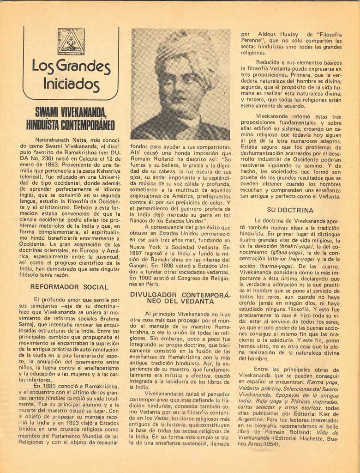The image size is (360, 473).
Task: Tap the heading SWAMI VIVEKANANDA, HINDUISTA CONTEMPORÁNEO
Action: [x=71, y=118]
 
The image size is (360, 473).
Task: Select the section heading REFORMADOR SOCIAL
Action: [x=69, y=287]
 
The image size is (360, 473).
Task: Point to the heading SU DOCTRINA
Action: [x=290, y=210]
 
